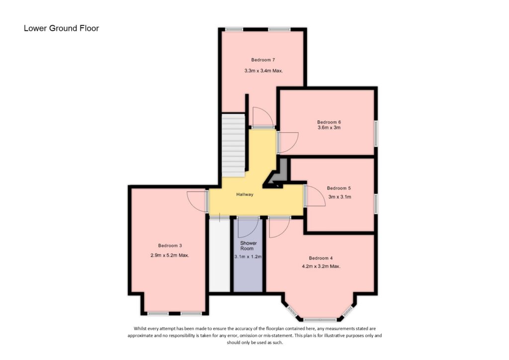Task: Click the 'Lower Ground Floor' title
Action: click(61, 28)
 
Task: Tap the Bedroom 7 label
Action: click(263, 60)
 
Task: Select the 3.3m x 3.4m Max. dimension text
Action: click(263, 71)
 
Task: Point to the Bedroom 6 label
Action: click(329, 122)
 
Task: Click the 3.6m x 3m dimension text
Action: click(329, 128)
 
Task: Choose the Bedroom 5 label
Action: click(339, 188)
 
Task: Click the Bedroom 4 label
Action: click(321, 258)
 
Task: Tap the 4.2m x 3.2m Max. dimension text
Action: click(321, 266)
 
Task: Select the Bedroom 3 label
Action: click(170, 246)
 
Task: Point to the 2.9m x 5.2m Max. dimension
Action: click(170, 255)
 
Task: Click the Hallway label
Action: click(245, 194)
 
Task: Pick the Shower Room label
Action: click(249, 246)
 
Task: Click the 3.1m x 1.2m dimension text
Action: click(248, 257)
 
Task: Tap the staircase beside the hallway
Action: click(233, 145)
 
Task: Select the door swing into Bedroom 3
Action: click(197, 201)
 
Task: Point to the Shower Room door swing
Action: click(248, 228)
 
